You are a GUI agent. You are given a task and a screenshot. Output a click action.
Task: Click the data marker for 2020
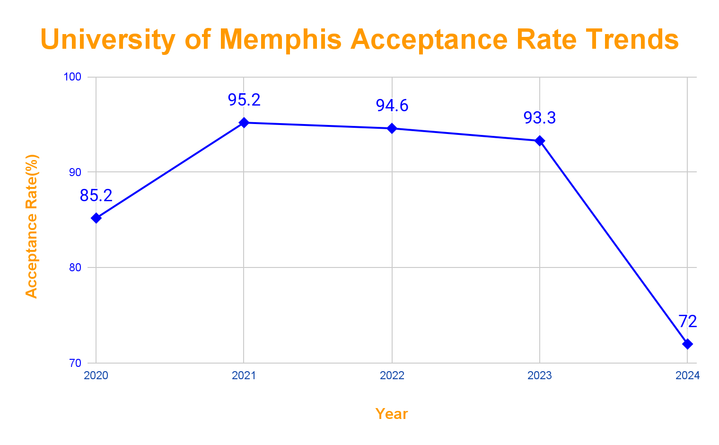tap(96, 218)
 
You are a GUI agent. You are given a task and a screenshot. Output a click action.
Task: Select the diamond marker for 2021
tap(244, 123)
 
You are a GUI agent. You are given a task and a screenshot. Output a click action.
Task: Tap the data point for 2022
tap(392, 128)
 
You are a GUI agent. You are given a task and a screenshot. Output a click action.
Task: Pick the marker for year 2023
tap(540, 141)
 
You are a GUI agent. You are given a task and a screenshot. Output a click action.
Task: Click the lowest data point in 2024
tap(687, 344)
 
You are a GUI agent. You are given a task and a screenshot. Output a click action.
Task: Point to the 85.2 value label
tap(96, 196)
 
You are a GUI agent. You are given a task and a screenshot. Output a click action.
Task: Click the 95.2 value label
tap(244, 100)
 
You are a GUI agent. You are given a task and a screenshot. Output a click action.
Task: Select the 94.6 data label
tap(392, 106)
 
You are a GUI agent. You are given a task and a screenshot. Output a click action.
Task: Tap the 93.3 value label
tap(540, 118)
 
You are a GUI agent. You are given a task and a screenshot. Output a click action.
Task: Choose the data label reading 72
tap(688, 322)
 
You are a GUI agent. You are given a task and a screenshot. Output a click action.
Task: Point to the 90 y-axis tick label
tap(75, 172)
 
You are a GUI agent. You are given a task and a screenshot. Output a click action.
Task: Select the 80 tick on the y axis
tap(75, 268)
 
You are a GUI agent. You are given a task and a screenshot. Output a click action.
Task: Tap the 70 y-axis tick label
tap(75, 364)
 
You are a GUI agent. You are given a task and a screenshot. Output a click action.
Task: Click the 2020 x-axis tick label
tap(96, 376)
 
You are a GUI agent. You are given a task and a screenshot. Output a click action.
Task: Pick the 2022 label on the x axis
tap(392, 376)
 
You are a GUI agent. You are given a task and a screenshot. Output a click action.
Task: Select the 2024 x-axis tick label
tap(687, 376)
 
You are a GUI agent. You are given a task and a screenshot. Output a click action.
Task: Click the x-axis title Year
tap(392, 414)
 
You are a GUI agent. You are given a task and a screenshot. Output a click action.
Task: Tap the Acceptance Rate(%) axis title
tap(31, 226)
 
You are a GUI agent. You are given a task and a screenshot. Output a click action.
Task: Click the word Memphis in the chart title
tap(280, 39)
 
